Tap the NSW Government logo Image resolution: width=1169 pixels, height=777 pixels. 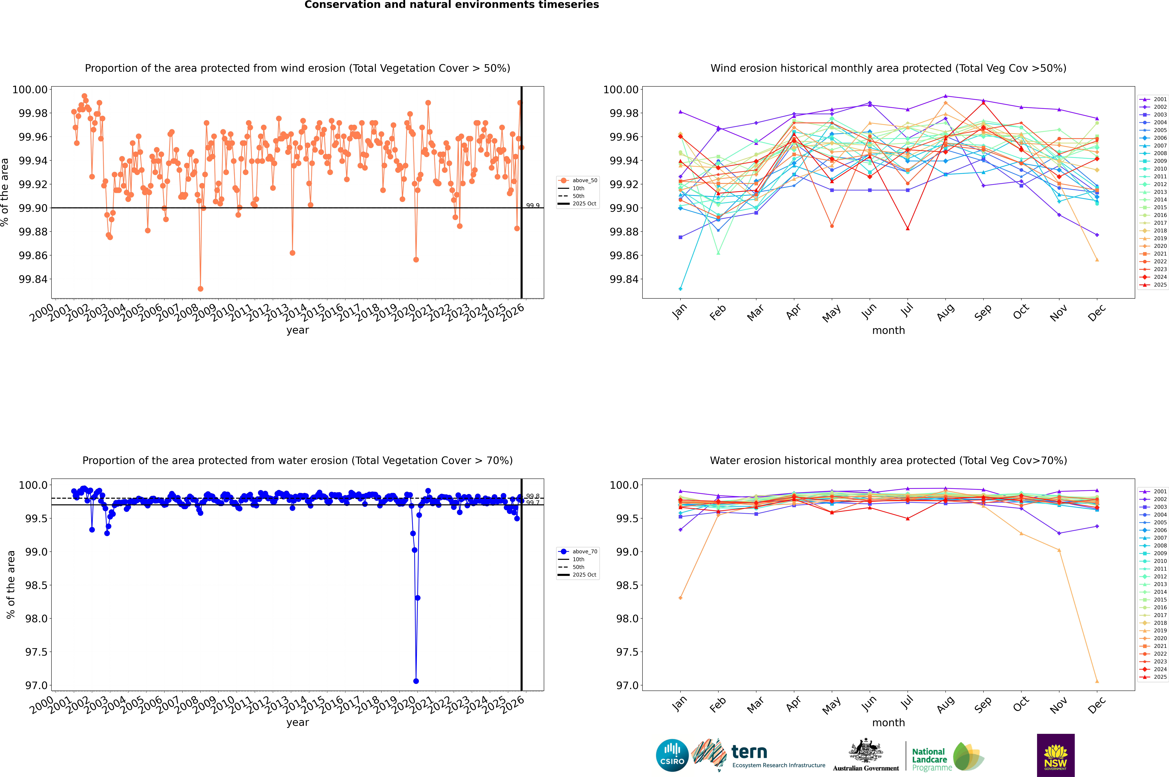(1055, 755)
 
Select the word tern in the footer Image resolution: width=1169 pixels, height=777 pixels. (749, 752)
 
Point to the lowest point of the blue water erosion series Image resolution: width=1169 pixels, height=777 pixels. (416, 681)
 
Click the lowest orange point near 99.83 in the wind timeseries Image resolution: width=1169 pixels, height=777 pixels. (200, 288)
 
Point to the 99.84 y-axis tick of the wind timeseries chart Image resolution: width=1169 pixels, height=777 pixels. (33, 279)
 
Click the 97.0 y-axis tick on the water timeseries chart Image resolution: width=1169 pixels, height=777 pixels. (36, 685)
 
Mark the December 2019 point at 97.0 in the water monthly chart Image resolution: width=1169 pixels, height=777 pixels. (1097, 681)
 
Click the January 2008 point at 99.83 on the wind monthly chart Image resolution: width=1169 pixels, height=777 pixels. (680, 288)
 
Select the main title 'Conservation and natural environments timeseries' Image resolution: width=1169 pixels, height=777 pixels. (451, 5)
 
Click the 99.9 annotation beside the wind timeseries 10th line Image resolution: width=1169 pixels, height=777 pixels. (533, 206)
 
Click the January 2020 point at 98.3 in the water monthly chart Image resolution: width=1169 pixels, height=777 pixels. (680, 598)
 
